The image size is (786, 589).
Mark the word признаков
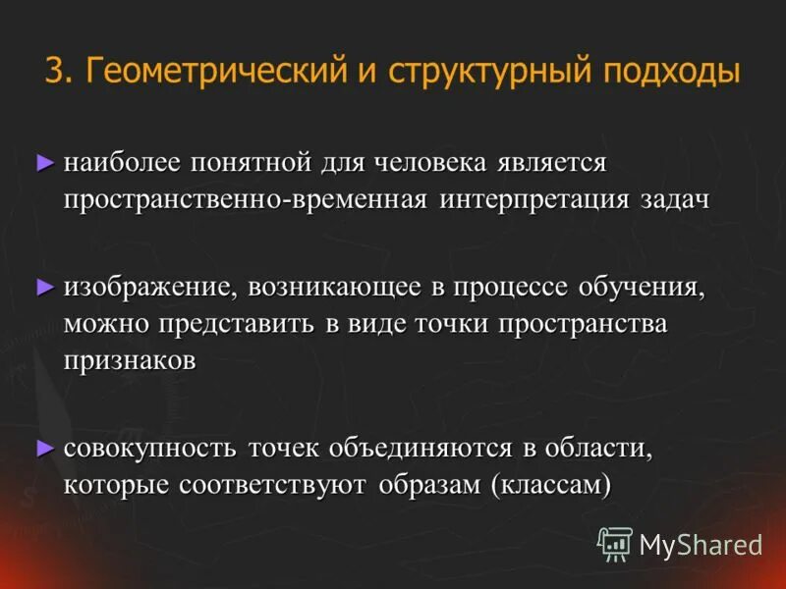tap(130, 360)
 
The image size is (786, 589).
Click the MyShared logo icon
tap(615, 543)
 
